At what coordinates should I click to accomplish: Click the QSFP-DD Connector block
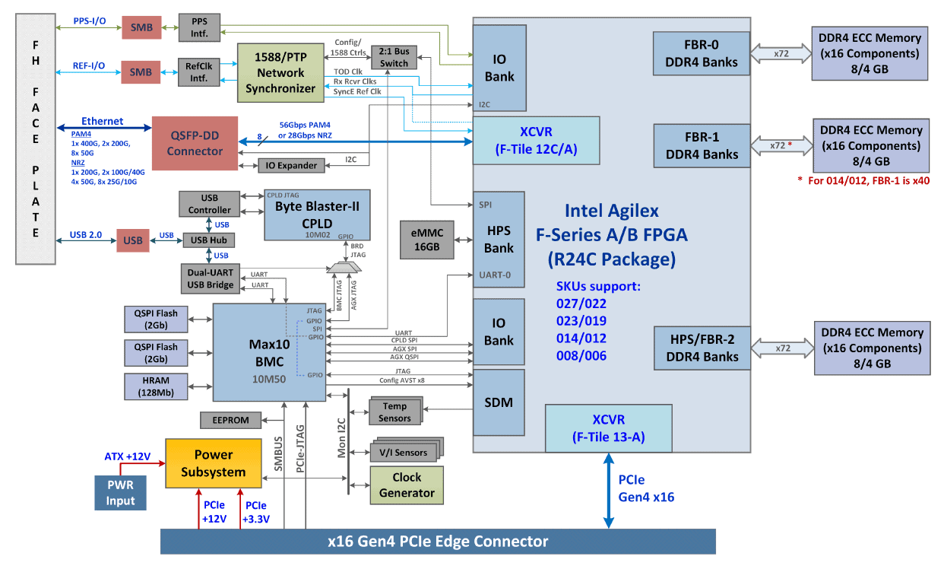click(x=195, y=143)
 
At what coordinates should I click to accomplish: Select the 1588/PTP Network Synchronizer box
click(x=280, y=73)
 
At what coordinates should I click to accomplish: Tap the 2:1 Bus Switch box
click(x=394, y=57)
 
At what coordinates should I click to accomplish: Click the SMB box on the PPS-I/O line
click(x=141, y=28)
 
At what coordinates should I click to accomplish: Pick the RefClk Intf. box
click(x=198, y=72)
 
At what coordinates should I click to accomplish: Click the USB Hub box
click(x=209, y=240)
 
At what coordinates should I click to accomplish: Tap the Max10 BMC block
click(x=269, y=351)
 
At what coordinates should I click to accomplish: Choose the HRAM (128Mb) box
click(x=155, y=386)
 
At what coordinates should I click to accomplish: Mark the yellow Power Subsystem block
click(x=213, y=463)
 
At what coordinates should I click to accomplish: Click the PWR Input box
click(x=120, y=492)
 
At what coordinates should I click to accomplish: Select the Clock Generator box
click(x=407, y=485)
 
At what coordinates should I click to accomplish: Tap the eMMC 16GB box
click(x=426, y=240)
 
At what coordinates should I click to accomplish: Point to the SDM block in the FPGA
click(x=499, y=402)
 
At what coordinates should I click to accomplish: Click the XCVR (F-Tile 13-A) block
click(x=608, y=428)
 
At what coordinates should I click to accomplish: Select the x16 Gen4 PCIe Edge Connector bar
click(x=438, y=542)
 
